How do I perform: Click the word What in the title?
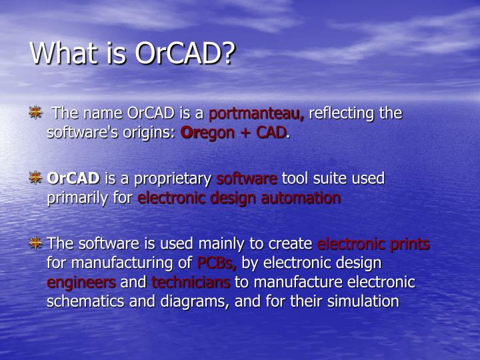pyautogui.click(x=64, y=53)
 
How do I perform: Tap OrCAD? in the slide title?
pyautogui.click(x=185, y=53)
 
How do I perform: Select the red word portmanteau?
pyautogui.click(x=257, y=113)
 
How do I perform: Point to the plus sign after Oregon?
pyautogui.click(x=245, y=133)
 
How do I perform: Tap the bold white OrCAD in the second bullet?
pyautogui.click(x=73, y=178)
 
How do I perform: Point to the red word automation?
pyautogui.click(x=301, y=198)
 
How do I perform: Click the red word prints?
pyautogui.click(x=409, y=244)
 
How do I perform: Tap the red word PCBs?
pyautogui.click(x=217, y=263)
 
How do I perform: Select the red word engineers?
pyautogui.click(x=81, y=283)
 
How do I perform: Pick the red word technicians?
pyautogui.click(x=191, y=282)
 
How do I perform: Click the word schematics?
pyautogui.click(x=85, y=301)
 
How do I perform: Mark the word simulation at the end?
pyautogui.click(x=363, y=301)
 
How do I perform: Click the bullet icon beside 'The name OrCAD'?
pyautogui.click(x=36, y=113)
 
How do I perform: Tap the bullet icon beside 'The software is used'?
pyautogui.click(x=36, y=243)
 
